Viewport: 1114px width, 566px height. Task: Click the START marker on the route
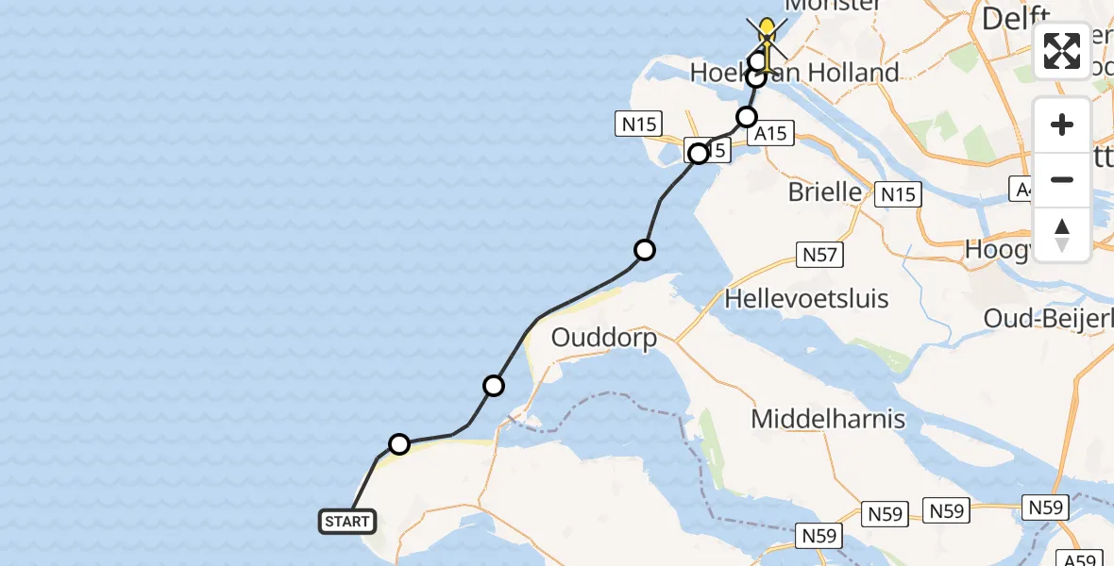348,522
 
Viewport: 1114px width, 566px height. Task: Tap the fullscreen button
1062,51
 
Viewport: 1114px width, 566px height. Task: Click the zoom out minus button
1062,179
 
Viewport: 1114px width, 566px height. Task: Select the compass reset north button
1062,235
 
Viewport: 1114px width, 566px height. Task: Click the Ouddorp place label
603,338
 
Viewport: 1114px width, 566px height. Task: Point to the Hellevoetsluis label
806,300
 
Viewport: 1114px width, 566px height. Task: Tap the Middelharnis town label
828,418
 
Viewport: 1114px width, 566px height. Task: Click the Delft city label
1016,18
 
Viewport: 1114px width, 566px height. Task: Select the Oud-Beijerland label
1049,318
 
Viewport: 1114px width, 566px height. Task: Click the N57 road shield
819,255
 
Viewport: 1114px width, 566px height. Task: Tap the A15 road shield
770,134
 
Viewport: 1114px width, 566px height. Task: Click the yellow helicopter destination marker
768,33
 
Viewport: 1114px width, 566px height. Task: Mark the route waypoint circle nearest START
399,444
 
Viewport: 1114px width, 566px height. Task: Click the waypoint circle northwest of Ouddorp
494,385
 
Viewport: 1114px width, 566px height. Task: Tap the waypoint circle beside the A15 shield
747,117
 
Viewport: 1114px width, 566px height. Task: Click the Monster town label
833,6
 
